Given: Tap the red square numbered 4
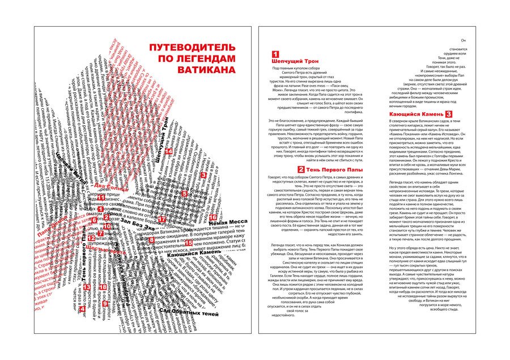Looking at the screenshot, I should pyautogui.click(x=81, y=310).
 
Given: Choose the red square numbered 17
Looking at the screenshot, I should pyautogui.click(x=162, y=219).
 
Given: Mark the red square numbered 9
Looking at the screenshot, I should pyautogui.click(x=105, y=304).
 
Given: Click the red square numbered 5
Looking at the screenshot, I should pyautogui.click(x=184, y=193).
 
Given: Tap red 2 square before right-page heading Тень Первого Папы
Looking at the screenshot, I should pyautogui.click(x=301, y=170).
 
